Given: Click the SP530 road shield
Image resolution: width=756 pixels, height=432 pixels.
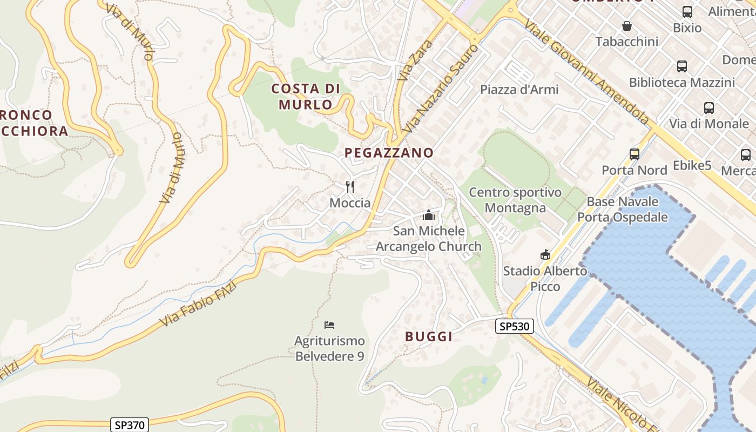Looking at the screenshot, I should (515, 326).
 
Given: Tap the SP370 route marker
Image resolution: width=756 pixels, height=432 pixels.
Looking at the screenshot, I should (129, 425).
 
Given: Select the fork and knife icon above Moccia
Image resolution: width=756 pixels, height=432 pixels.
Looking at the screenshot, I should (350, 187).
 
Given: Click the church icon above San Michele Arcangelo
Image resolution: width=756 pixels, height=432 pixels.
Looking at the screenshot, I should (429, 215).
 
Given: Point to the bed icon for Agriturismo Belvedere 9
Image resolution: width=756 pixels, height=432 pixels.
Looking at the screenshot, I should (329, 325).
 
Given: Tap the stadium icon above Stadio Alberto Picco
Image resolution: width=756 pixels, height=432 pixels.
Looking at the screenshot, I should (545, 254).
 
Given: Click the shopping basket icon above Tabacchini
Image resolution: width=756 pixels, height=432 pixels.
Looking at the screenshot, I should (627, 26).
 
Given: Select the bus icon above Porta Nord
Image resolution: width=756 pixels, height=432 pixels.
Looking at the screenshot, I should (634, 154).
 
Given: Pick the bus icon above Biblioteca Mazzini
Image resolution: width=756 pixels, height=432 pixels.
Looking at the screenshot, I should (682, 66).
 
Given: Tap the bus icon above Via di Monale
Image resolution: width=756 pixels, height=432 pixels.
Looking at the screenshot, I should (709, 107).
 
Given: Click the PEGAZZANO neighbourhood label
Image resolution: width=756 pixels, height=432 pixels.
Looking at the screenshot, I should (389, 153).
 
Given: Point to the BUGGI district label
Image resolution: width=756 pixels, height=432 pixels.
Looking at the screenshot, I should (429, 336).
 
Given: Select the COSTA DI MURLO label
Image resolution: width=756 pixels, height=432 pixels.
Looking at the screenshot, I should (306, 96).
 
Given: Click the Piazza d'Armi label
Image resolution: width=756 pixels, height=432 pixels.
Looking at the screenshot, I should (519, 89).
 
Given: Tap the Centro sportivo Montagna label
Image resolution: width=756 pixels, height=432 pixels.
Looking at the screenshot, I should (515, 200).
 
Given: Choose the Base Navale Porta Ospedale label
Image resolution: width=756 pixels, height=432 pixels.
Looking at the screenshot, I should (623, 210).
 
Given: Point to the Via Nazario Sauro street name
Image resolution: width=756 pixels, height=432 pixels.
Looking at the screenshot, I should (441, 89).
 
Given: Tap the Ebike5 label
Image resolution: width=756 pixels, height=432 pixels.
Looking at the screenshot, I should (692, 165).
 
